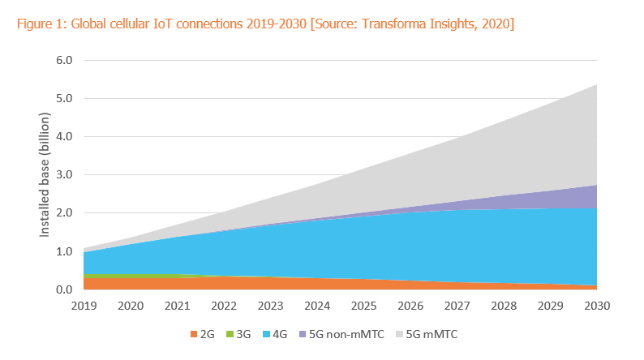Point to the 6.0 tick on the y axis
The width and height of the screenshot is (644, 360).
(x=63, y=60)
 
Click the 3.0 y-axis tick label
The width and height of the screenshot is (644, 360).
(x=63, y=175)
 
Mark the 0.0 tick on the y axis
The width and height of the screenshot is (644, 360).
(x=63, y=289)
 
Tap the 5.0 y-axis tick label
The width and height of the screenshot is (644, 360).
(x=63, y=99)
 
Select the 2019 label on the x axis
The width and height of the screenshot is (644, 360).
(x=84, y=306)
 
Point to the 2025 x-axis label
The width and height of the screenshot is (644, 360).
(x=364, y=306)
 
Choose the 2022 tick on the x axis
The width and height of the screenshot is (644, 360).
(x=224, y=306)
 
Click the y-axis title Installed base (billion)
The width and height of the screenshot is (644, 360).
(x=46, y=175)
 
